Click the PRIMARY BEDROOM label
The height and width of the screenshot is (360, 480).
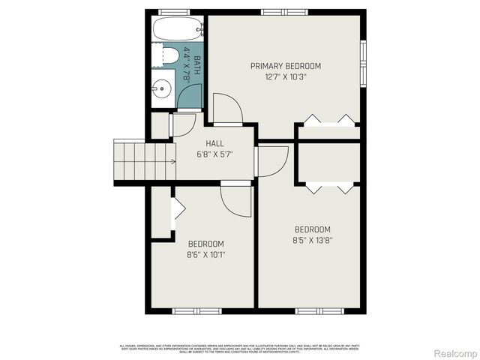(286, 66)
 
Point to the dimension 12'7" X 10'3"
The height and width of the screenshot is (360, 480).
(286, 76)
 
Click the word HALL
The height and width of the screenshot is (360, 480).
(214, 143)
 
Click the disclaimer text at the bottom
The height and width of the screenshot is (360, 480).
(240, 348)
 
